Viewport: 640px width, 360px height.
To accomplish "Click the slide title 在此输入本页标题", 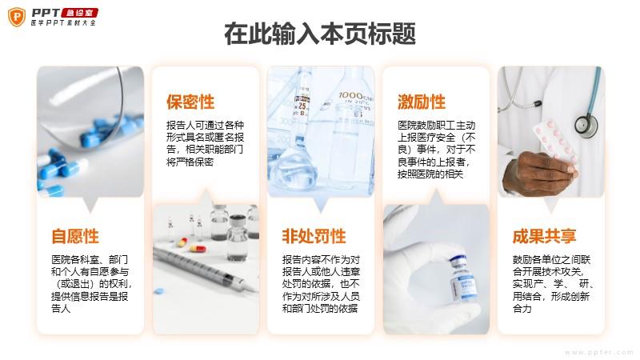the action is pyautogui.click(x=320, y=34).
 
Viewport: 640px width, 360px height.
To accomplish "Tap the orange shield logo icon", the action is pyautogui.click(x=17, y=17).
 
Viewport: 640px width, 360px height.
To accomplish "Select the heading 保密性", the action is pyautogui.click(x=190, y=102).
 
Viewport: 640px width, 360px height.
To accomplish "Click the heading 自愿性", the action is pyautogui.click(x=75, y=236).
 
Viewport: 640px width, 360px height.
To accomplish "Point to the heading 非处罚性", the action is pyautogui.click(x=314, y=236).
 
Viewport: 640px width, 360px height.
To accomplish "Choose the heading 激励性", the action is pyautogui.click(x=422, y=102).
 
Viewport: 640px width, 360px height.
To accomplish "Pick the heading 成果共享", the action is pyautogui.click(x=545, y=236).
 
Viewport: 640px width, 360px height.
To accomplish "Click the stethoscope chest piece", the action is pyautogui.click(x=586, y=125).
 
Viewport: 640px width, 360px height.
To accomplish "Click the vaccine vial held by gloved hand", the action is pyautogui.click(x=463, y=278).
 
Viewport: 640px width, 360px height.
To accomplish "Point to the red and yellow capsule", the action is pyautogui.click(x=198, y=248).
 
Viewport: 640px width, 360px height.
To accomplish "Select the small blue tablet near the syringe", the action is pyautogui.click(x=158, y=291).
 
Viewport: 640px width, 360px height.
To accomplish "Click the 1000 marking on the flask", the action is pyautogui.click(x=350, y=96).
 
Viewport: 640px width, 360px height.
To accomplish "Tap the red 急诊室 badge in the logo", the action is pyautogui.click(x=79, y=13).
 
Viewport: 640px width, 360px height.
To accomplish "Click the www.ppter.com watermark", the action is pyautogui.click(x=598, y=352).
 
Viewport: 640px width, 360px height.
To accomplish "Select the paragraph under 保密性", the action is pyautogui.click(x=205, y=143).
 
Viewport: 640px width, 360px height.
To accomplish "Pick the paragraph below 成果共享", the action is pyautogui.click(x=553, y=284).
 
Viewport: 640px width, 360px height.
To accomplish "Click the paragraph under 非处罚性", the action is pyautogui.click(x=321, y=284).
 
